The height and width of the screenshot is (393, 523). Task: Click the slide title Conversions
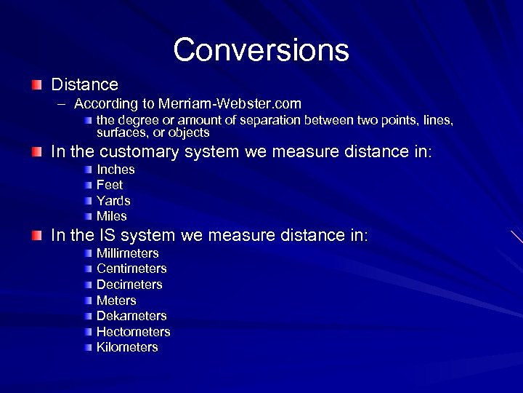tap(261, 50)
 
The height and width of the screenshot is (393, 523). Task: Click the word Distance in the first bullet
tap(84, 84)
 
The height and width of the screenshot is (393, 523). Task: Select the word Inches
tap(115, 170)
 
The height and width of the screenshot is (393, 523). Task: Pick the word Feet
tap(110, 185)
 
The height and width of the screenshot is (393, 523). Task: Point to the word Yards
tap(113, 201)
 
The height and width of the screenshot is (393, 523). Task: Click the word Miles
tap(112, 216)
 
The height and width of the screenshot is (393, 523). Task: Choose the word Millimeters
tap(128, 253)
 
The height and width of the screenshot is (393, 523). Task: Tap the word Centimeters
tap(131, 269)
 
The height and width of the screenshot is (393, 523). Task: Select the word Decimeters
tap(129, 285)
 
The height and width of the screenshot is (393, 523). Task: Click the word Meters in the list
tap(116, 301)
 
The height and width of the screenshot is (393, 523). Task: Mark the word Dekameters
tap(131, 316)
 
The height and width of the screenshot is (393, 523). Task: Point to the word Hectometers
tap(134, 332)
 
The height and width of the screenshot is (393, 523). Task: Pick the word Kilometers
tap(127, 347)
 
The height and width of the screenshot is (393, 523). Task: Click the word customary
tap(139, 152)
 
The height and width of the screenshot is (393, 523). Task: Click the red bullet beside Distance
tap(37, 85)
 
